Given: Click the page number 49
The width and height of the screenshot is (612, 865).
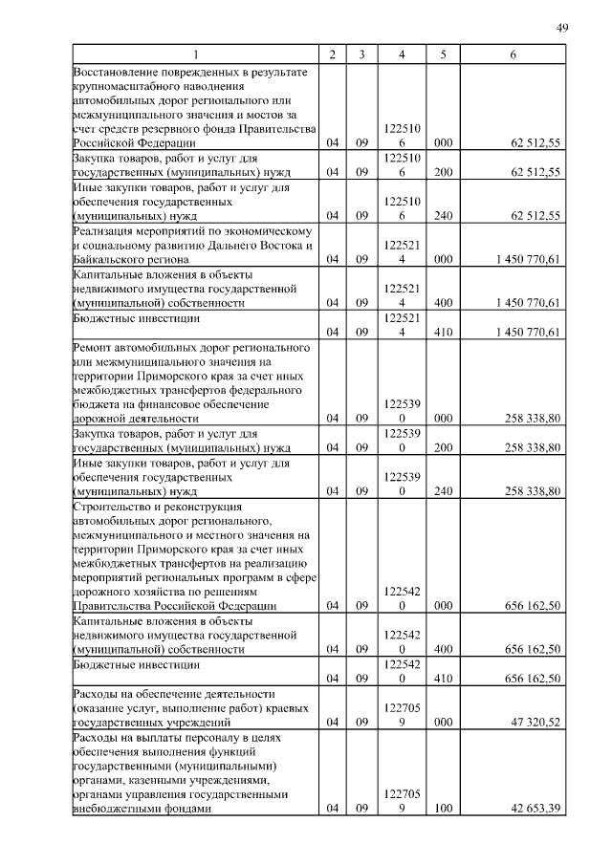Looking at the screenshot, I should click(562, 27).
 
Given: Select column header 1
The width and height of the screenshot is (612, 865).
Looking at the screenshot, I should click(196, 54).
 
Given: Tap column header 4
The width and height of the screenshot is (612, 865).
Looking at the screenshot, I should click(402, 54).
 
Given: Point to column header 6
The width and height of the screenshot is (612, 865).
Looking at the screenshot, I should click(514, 54).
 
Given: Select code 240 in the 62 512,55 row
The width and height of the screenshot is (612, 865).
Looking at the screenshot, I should click(443, 216).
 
